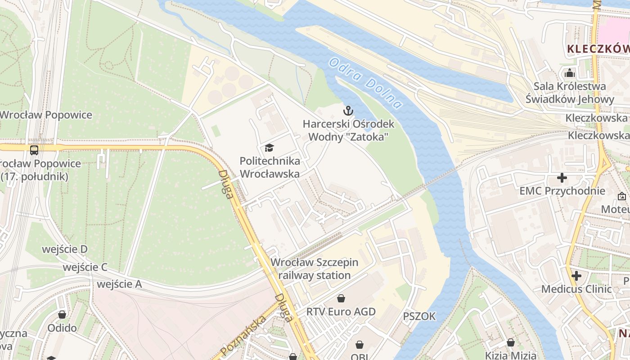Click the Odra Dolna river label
coord(365,83)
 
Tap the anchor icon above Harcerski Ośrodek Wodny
coord(348,110)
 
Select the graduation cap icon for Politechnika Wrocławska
coord(269,147)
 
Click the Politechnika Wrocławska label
coord(270,167)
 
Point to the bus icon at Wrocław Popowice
coord(34,150)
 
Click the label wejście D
coord(65,249)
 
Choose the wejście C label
coord(85,267)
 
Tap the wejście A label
coord(119,284)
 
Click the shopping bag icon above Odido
coord(62,314)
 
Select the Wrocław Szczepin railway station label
coord(315,269)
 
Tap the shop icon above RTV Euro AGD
coord(341,298)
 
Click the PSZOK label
coord(419,316)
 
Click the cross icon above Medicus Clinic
coord(576,275)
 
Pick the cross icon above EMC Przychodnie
coord(562,177)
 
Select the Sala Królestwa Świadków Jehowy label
coord(570,93)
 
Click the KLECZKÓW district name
coord(598,49)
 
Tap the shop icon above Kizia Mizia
coord(510,342)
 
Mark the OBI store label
coord(360,356)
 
